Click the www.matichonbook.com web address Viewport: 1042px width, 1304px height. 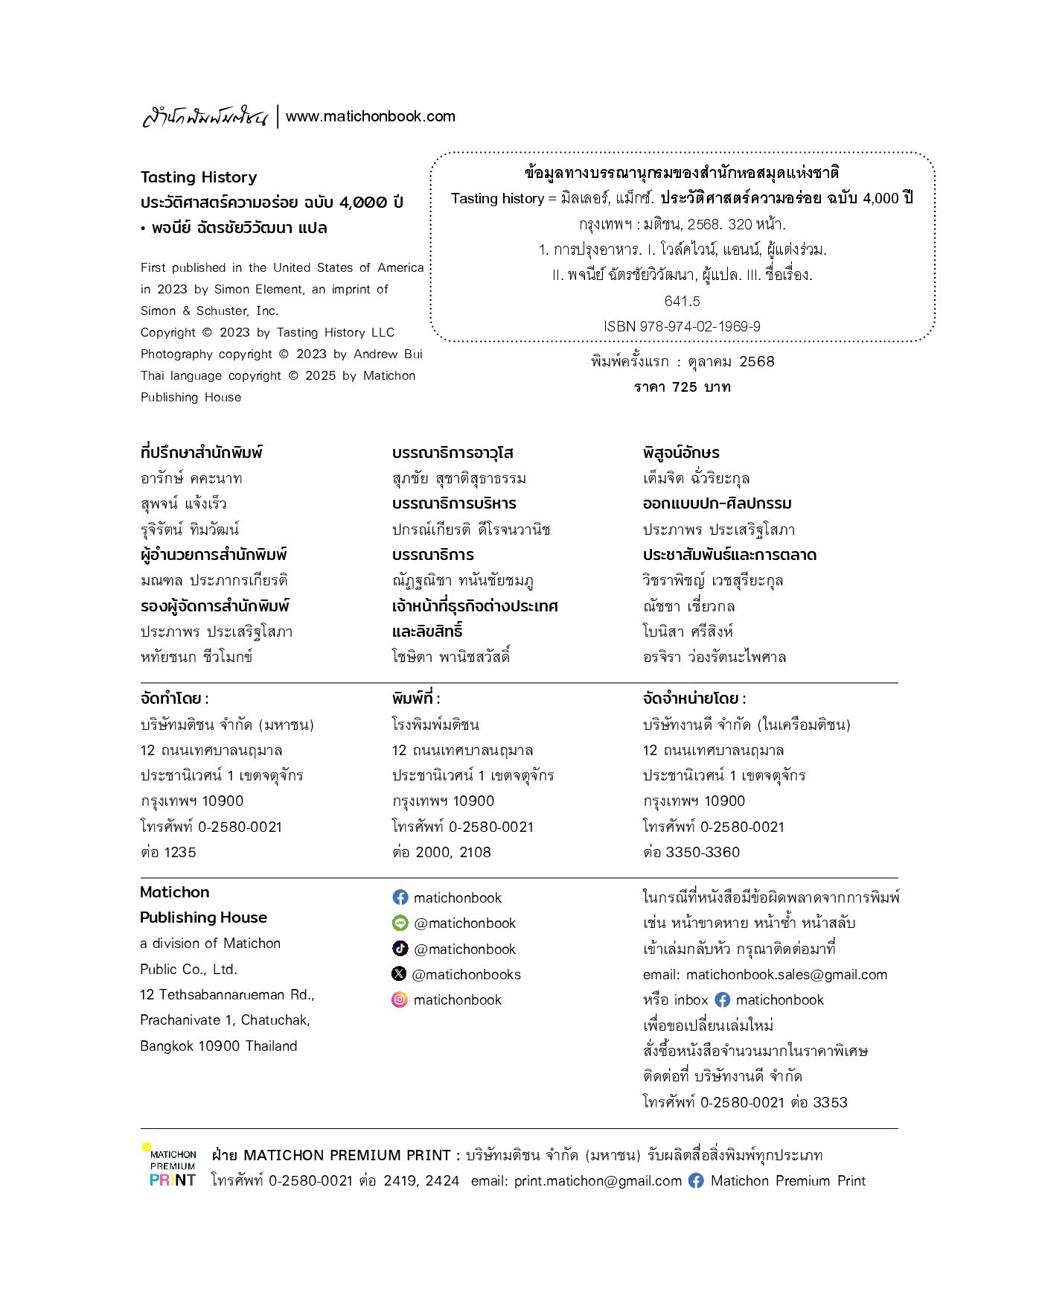click(370, 116)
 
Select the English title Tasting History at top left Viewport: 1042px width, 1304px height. click(199, 177)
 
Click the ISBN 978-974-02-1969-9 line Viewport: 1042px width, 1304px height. click(682, 326)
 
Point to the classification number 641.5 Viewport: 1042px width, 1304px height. click(682, 301)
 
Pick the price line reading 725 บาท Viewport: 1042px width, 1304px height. click(682, 387)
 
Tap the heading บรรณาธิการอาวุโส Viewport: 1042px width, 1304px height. click(453, 453)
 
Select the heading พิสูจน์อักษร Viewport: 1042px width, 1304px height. click(681, 453)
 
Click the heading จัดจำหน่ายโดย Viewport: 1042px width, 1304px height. click(694, 699)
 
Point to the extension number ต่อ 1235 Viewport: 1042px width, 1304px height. click(168, 852)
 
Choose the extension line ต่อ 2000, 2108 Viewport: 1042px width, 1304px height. click(441, 852)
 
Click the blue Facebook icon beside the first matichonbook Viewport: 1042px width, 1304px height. click(400, 897)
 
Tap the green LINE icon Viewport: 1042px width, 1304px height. click(400, 923)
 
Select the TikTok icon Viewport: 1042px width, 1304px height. click(400, 948)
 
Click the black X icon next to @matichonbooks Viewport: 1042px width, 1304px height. click(400, 974)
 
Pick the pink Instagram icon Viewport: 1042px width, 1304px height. click(400, 999)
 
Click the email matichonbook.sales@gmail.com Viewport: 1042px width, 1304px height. click(786, 974)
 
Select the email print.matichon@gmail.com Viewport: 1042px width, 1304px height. click(598, 1180)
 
